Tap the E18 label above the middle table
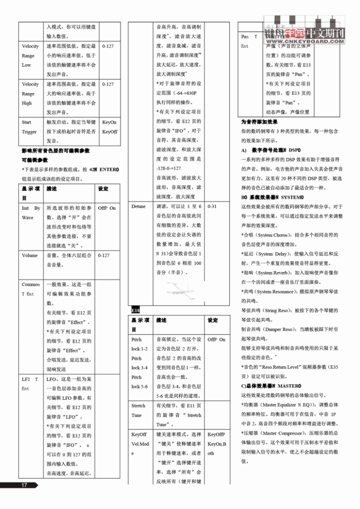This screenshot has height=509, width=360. [135, 310]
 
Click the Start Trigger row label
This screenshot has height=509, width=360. [29, 127]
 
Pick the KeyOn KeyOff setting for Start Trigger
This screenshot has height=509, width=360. [110, 127]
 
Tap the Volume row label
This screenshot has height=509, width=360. [30, 255]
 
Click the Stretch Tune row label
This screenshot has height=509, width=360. [138, 410]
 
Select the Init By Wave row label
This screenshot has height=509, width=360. [31, 212]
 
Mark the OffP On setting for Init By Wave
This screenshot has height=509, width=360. [107, 208]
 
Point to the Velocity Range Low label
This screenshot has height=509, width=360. [30, 56]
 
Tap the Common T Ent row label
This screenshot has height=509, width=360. [31, 289]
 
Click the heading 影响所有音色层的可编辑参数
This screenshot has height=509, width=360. [56, 150]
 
